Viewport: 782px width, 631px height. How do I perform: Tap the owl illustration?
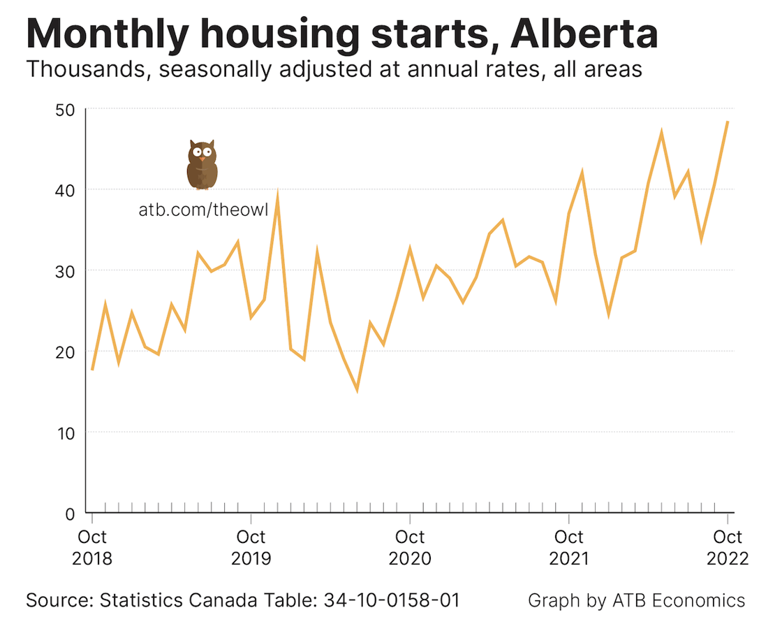click(x=202, y=165)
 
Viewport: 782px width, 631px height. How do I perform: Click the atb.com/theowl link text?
click(x=203, y=210)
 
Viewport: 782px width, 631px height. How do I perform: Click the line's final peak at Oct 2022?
click(x=728, y=122)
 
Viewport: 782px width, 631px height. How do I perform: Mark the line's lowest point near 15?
click(x=357, y=390)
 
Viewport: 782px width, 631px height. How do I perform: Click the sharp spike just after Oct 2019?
click(x=277, y=196)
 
